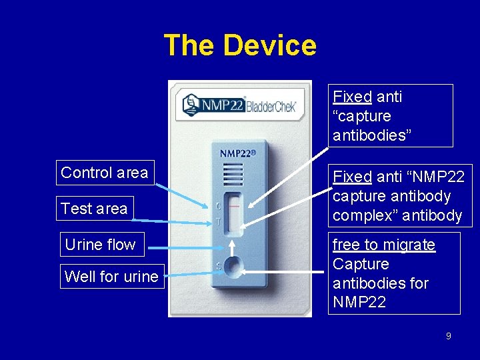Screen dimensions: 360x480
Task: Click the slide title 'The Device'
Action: coord(240,45)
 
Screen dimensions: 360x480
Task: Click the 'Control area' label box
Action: coord(105,173)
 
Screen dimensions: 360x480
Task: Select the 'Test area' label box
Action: coord(94,209)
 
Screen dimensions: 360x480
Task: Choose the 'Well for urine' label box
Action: coord(111,276)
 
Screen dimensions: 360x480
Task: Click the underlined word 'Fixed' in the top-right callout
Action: coord(352,97)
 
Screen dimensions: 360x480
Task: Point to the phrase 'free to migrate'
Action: coord(384,245)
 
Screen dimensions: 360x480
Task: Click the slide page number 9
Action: coord(448,336)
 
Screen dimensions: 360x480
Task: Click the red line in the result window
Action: coord(234,207)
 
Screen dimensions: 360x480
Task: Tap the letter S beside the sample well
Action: coord(217,267)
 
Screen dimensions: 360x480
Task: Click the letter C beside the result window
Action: coord(217,206)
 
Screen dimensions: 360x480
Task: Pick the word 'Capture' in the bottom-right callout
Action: coord(361,264)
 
